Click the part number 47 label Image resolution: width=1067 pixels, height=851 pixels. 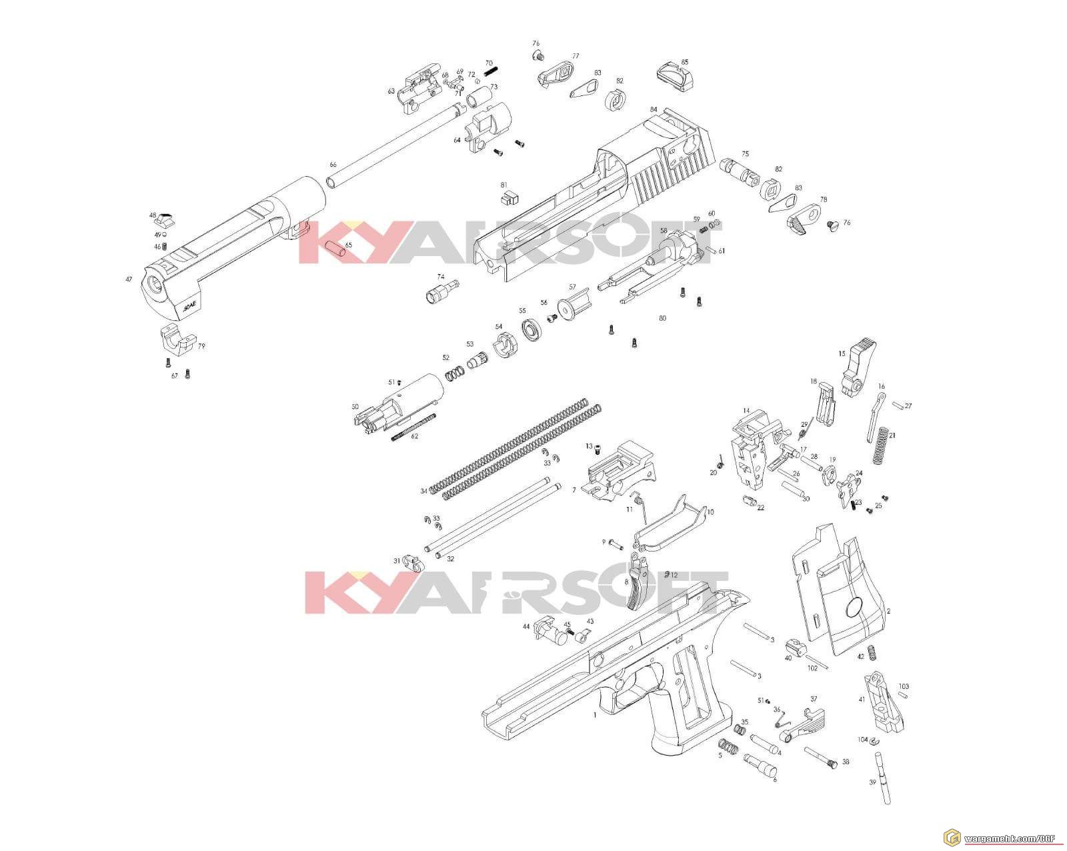point(129,279)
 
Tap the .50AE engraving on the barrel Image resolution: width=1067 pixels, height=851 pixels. point(189,307)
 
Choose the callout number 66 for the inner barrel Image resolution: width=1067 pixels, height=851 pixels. point(333,164)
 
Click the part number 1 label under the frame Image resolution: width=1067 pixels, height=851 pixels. point(595,714)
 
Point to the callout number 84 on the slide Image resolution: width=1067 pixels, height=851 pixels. point(654,109)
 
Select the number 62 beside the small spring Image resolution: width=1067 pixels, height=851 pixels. point(414,436)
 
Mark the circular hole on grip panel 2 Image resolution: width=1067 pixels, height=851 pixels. point(854,607)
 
